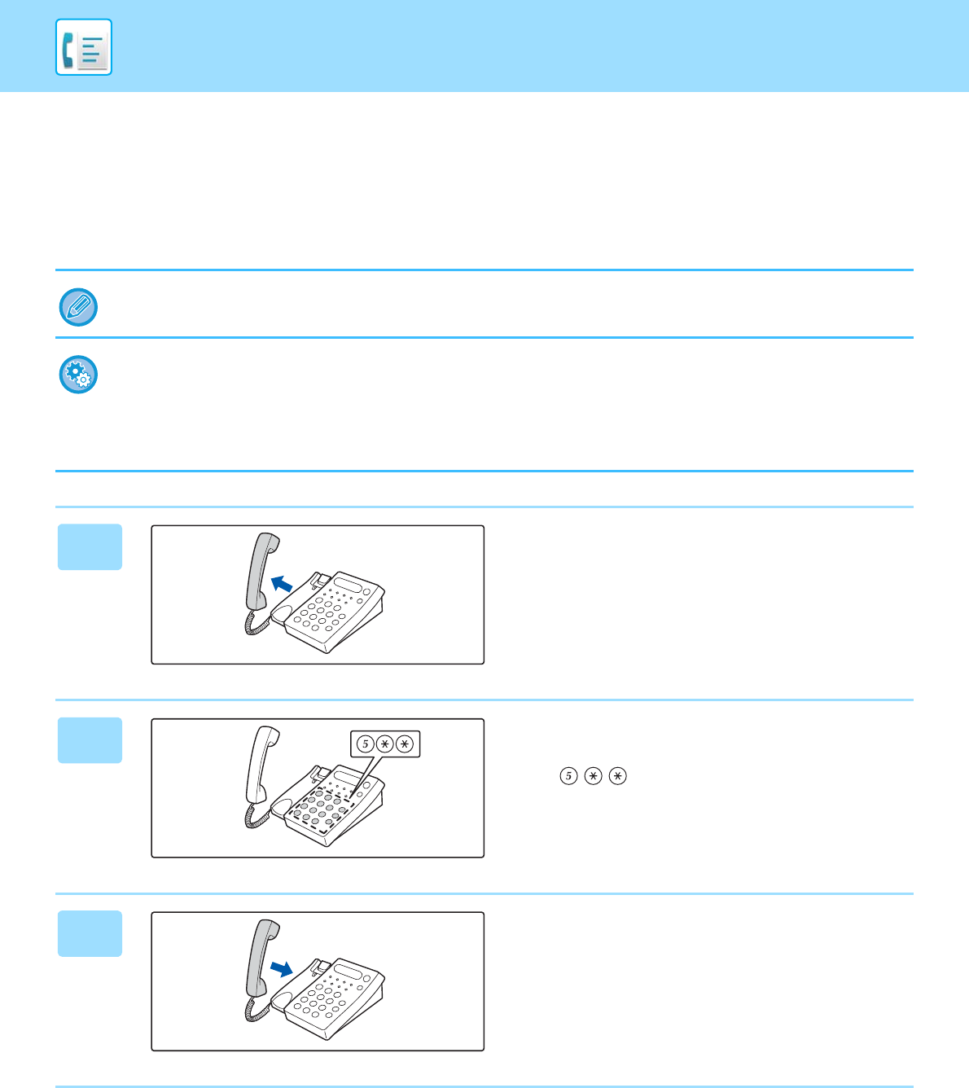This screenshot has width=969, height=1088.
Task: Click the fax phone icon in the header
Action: (x=84, y=47)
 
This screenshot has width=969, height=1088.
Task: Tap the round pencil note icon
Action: (x=78, y=307)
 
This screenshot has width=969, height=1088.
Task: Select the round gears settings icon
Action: (x=78, y=375)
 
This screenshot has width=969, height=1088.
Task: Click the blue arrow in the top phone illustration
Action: (x=282, y=584)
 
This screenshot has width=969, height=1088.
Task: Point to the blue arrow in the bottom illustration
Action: (x=282, y=969)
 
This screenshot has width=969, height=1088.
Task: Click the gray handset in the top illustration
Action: (x=262, y=572)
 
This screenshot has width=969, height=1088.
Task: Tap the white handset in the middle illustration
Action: (x=262, y=765)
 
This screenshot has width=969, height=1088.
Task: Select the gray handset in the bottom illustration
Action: (x=262, y=958)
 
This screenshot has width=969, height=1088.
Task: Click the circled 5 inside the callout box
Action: (x=366, y=744)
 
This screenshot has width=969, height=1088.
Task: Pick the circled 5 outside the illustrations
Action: (x=569, y=776)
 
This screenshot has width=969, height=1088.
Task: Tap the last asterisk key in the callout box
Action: (x=405, y=744)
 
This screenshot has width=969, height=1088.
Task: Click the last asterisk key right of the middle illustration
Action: (x=618, y=776)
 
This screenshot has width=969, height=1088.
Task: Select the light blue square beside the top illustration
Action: (x=90, y=546)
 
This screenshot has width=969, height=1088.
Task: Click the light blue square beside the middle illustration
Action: (x=90, y=740)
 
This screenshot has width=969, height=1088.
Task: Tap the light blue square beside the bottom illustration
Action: (x=90, y=933)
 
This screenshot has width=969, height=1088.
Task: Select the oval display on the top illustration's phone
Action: (x=348, y=585)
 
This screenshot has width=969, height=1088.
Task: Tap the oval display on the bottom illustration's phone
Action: (x=348, y=972)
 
